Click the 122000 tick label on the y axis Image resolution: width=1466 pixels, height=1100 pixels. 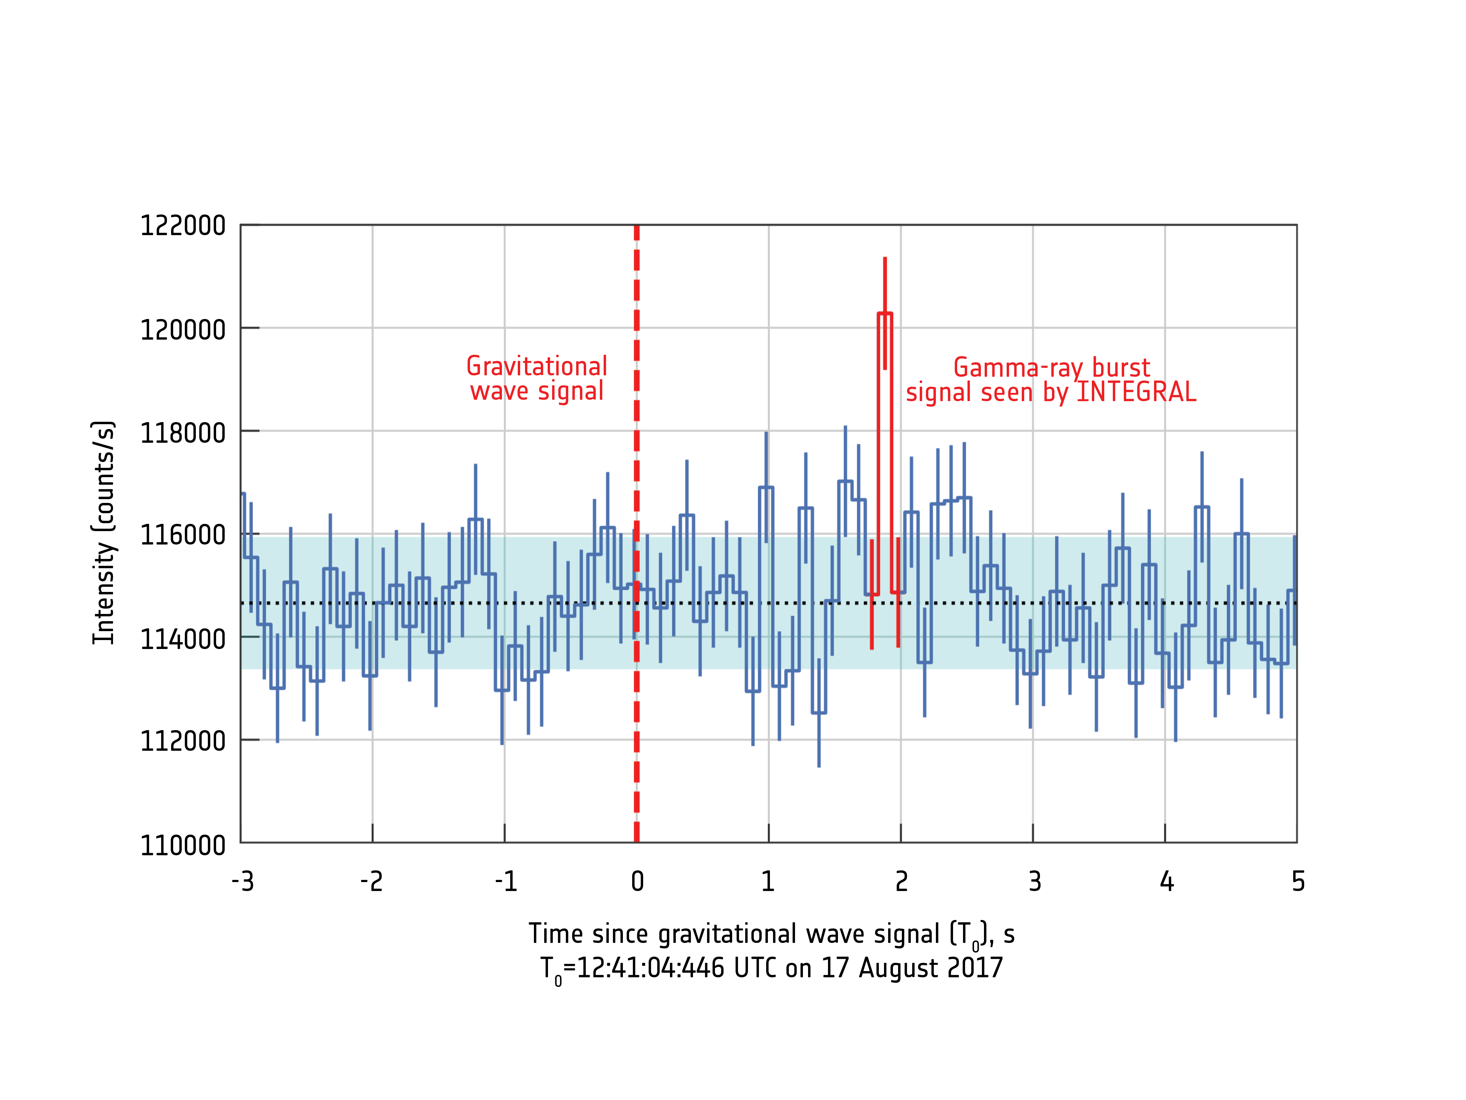(182, 226)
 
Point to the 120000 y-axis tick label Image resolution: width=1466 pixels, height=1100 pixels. (182, 330)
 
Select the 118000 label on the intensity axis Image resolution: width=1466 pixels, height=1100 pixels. (182, 433)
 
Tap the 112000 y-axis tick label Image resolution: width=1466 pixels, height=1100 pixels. (182, 741)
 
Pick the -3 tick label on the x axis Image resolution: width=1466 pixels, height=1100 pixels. (243, 882)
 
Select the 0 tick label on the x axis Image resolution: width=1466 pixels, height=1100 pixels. (637, 882)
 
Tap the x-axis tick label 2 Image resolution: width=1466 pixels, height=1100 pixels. (901, 882)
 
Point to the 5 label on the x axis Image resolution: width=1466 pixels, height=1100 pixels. (1298, 882)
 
